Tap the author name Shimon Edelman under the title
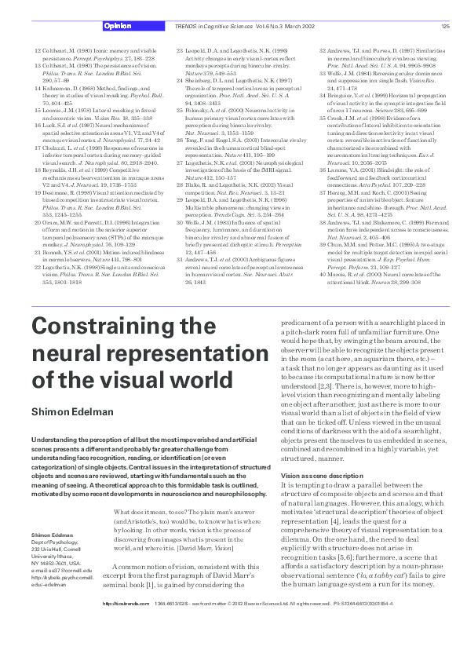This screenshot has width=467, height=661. [71, 413]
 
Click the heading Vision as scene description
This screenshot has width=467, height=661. [322, 454]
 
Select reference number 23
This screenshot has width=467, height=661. [179, 49]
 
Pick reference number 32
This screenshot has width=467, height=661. [322, 49]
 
